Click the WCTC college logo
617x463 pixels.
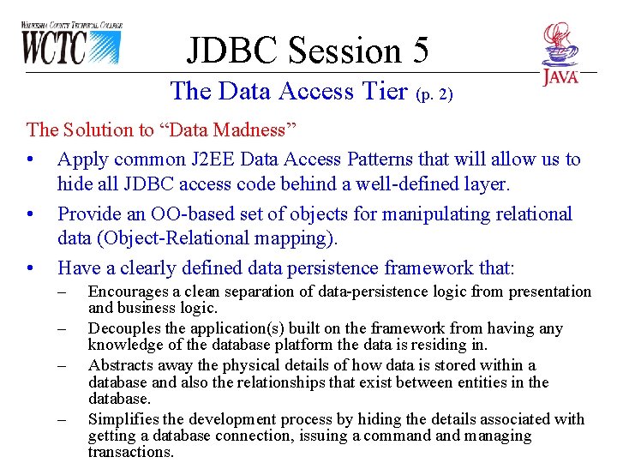coord(71,44)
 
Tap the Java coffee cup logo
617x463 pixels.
coord(560,53)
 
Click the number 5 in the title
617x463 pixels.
coord(418,51)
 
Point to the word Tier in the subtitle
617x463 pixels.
coord(386,90)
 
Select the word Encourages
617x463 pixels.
coord(126,292)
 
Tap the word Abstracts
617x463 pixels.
coord(118,365)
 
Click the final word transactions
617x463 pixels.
coord(130,452)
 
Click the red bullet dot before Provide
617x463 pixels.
coord(31,214)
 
